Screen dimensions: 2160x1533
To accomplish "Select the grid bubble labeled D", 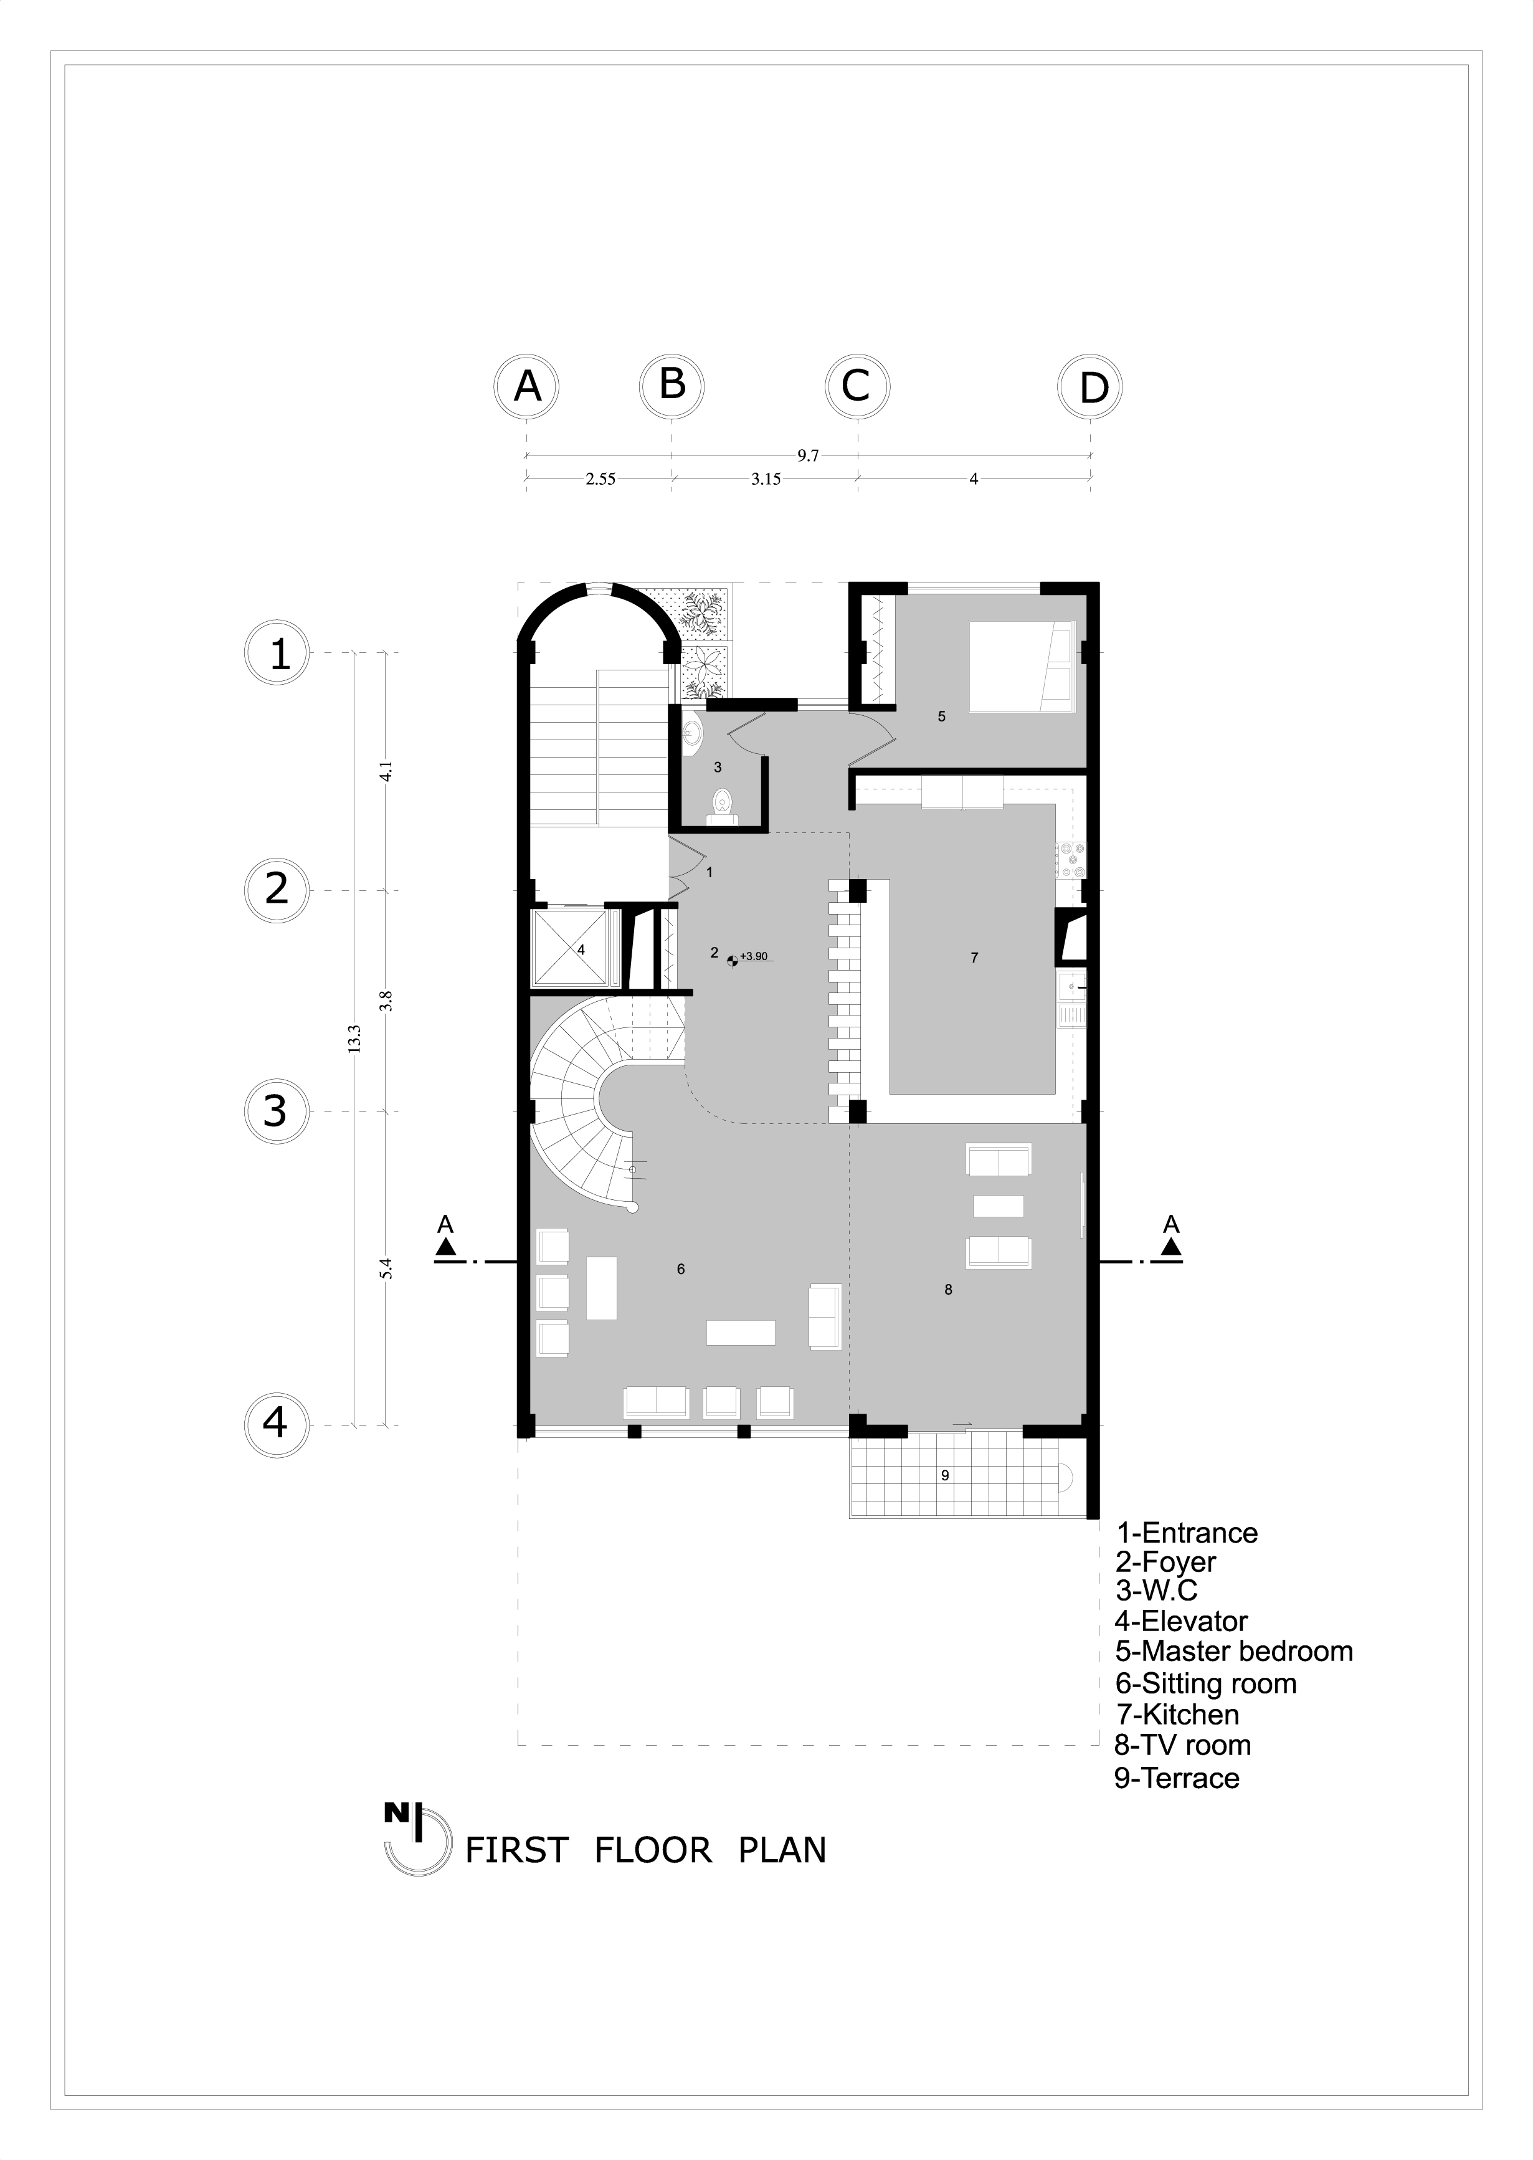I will [x=1091, y=387].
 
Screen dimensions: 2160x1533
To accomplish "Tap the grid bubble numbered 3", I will [x=275, y=1111].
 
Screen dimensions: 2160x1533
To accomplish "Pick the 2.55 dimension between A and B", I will [x=600, y=480].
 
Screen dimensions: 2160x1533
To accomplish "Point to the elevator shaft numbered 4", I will [x=571, y=949].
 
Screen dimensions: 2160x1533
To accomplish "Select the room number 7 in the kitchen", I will [x=974, y=958].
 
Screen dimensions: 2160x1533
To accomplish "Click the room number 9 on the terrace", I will [x=945, y=1475].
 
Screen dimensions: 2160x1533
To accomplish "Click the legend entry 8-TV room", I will [x=1183, y=1746].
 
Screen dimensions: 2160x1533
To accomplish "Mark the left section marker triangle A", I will [x=445, y=1247].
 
